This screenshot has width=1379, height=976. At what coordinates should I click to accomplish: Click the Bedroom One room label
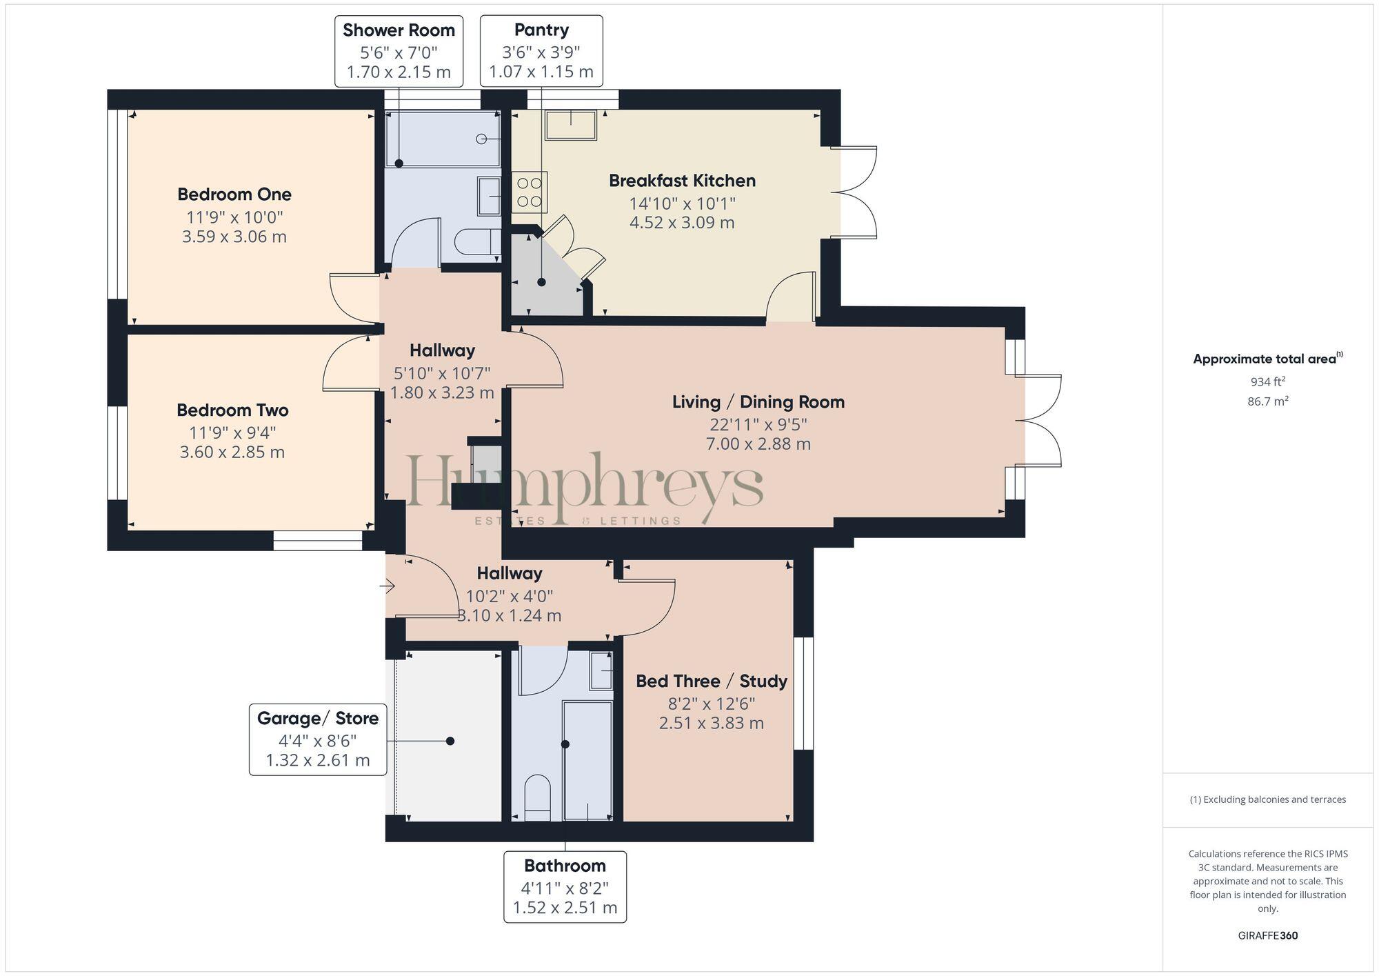point(234,194)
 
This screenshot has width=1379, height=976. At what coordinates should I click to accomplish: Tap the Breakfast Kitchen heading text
point(682,181)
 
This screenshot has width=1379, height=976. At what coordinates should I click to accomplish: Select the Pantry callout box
point(541,51)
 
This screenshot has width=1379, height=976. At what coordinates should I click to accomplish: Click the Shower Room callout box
point(399,51)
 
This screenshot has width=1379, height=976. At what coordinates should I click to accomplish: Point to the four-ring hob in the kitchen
point(530,192)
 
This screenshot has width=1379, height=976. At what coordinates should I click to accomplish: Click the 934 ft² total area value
point(1267,381)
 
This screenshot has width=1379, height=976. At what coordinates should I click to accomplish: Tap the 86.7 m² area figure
point(1267,401)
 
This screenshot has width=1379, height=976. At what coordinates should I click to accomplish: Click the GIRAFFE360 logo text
point(1267,935)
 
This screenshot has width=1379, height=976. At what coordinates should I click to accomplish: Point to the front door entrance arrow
point(387,587)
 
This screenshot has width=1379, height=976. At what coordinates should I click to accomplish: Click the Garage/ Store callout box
point(318,739)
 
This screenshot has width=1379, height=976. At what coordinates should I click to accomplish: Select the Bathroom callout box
point(565,886)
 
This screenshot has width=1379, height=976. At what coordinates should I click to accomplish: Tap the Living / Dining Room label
point(758,401)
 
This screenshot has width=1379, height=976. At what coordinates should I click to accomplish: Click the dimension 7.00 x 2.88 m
point(758,444)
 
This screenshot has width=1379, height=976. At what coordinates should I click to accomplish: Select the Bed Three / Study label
point(711,681)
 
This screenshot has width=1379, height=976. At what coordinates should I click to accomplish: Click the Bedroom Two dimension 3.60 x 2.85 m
point(232,452)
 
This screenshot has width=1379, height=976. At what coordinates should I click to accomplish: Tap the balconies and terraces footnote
point(1267,799)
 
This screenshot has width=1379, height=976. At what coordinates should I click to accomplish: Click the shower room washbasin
point(490,196)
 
